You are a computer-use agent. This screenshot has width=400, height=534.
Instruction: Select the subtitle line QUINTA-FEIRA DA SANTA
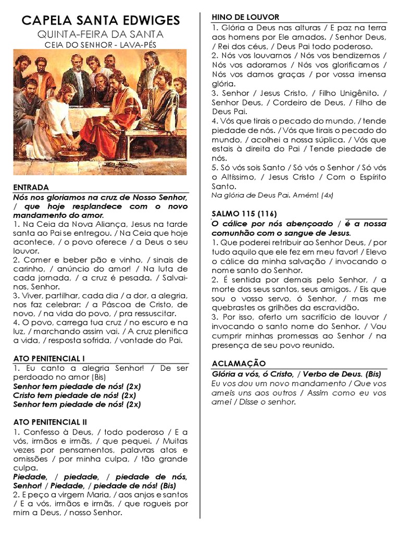(101, 34)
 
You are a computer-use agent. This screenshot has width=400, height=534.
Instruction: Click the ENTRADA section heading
(31, 187)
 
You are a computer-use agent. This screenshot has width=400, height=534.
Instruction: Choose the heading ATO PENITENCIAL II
(50, 421)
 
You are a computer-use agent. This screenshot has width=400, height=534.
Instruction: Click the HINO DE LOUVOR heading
(245, 17)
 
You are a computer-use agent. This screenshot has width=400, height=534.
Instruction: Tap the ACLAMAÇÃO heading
(239, 363)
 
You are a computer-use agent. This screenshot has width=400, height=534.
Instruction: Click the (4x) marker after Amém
(328, 195)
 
